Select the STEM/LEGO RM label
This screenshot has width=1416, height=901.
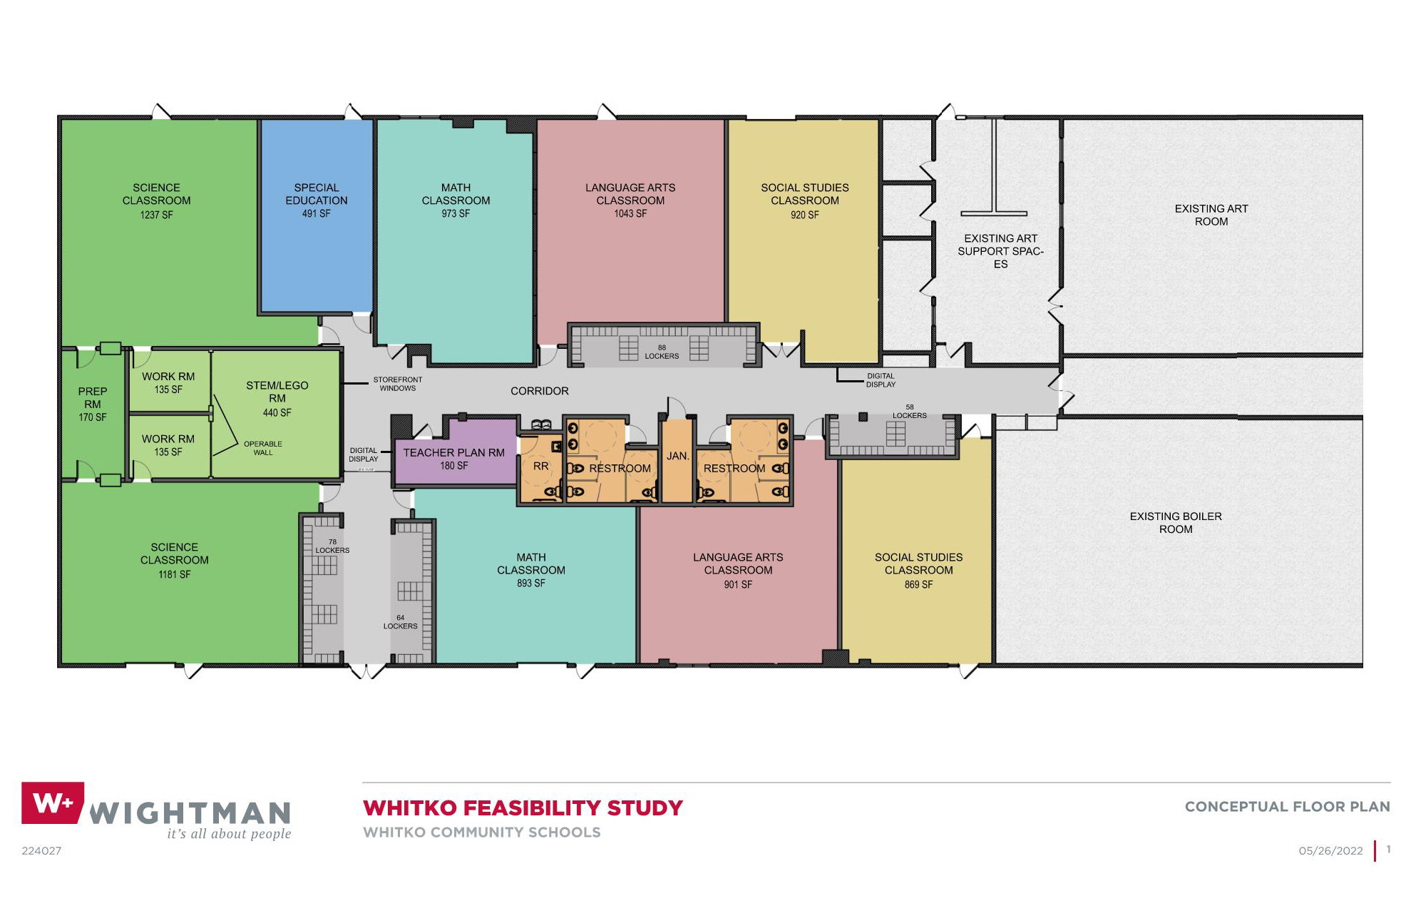(277, 392)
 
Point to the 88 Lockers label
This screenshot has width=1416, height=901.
(662, 352)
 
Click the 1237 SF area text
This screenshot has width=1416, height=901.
(156, 215)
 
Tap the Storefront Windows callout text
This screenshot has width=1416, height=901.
(398, 385)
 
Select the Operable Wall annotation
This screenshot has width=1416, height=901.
(263, 448)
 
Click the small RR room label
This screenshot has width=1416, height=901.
(541, 467)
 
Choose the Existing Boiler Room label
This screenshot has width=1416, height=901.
(1176, 523)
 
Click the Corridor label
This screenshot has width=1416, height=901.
(540, 391)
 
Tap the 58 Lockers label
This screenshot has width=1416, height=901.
(910, 412)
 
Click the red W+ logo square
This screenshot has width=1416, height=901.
(53, 803)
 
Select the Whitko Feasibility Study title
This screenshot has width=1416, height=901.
(523, 808)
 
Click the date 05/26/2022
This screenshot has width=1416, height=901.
(1330, 851)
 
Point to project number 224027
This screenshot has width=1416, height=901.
(41, 851)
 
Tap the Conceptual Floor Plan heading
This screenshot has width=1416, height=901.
(1287, 807)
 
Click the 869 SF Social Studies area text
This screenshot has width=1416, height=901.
(918, 584)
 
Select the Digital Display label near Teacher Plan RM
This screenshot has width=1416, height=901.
(364, 455)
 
